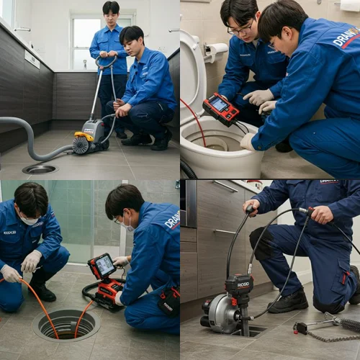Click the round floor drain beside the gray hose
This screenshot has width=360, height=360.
tap(40, 168)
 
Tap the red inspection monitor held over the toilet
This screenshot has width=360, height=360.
tap(220, 108)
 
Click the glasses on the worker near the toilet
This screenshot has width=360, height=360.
tap(240, 29)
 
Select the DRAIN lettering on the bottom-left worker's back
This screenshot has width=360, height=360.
tap(172, 220)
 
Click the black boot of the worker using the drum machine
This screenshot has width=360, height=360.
tap(288, 301)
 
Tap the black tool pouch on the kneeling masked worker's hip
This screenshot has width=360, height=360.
tap(169, 300)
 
